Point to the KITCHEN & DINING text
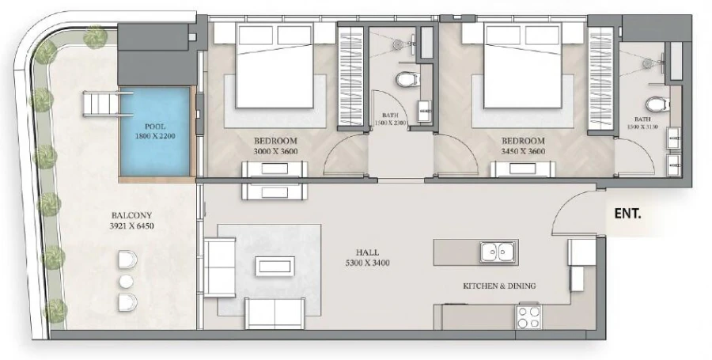click(499, 286)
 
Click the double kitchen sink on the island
click(498, 252)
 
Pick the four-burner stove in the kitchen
click(528, 316)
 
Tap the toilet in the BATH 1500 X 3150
click(655, 104)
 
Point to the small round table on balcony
click(126, 281)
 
